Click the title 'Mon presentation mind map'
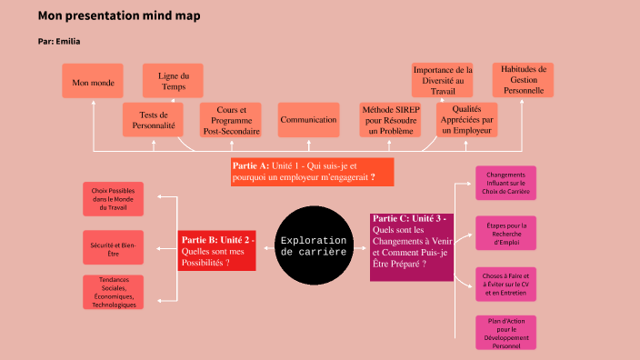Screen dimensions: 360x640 tap(119, 16)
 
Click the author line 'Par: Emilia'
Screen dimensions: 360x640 tap(65, 42)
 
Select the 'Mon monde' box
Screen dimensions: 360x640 tap(92, 82)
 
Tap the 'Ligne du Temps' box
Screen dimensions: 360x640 tap(173, 81)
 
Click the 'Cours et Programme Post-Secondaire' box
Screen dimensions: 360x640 tap(231, 120)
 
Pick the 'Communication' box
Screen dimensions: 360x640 tap(308, 120)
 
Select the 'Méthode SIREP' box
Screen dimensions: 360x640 tap(389, 120)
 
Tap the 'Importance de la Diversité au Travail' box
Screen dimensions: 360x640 tap(443, 81)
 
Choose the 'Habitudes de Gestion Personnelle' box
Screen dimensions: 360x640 tap(522, 80)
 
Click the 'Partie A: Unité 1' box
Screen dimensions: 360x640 tap(312, 172)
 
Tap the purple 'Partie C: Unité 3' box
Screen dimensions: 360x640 tap(412, 245)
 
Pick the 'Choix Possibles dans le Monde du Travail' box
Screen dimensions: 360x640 tap(113, 200)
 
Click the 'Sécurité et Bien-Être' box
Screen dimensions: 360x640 tap(113, 250)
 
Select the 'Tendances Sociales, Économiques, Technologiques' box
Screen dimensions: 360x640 tap(113, 293)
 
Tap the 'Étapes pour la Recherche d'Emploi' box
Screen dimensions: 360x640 tap(505, 233)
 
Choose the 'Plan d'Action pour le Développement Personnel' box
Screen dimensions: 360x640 tap(505, 332)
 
